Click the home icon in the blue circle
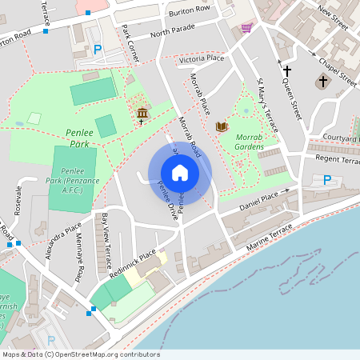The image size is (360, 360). pyautogui.click(x=180, y=173)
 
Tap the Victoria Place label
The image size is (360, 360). pyautogui.click(x=202, y=59)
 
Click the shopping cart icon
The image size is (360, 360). pyautogui.click(x=246, y=27)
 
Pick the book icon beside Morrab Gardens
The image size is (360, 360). pyautogui.click(x=222, y=126)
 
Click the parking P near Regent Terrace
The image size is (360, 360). pyautogui.click(x=327, y=180)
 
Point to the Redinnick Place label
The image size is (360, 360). pyautogui.click(x=134, y=263)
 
